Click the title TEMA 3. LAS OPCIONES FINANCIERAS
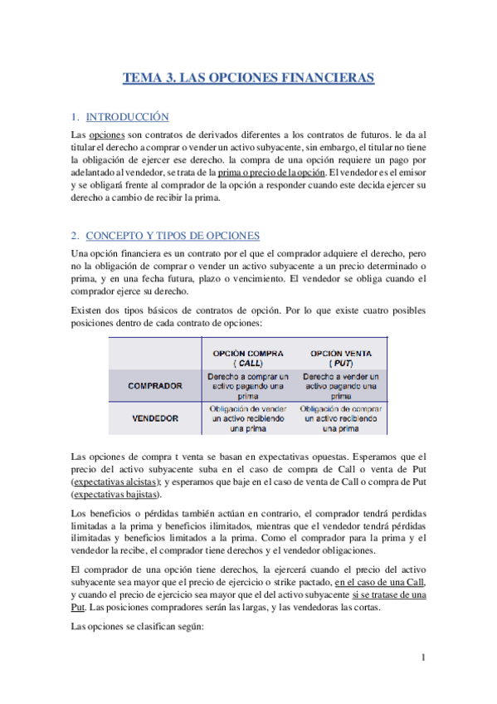pos(248,79)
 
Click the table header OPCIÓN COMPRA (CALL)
pos(248,358)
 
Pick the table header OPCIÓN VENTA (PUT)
pos(340,358)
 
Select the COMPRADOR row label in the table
pos(155,386)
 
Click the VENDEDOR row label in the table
pos(155,418)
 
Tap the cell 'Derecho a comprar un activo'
pos(248,385)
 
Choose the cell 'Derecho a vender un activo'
pos(340,385)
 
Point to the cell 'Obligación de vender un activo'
pos(248,418)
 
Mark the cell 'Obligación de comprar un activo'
pos(340,418)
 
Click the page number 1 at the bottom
pos(422,658)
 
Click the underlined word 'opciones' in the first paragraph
pos(106,134)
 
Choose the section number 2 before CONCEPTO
pos(74,235)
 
